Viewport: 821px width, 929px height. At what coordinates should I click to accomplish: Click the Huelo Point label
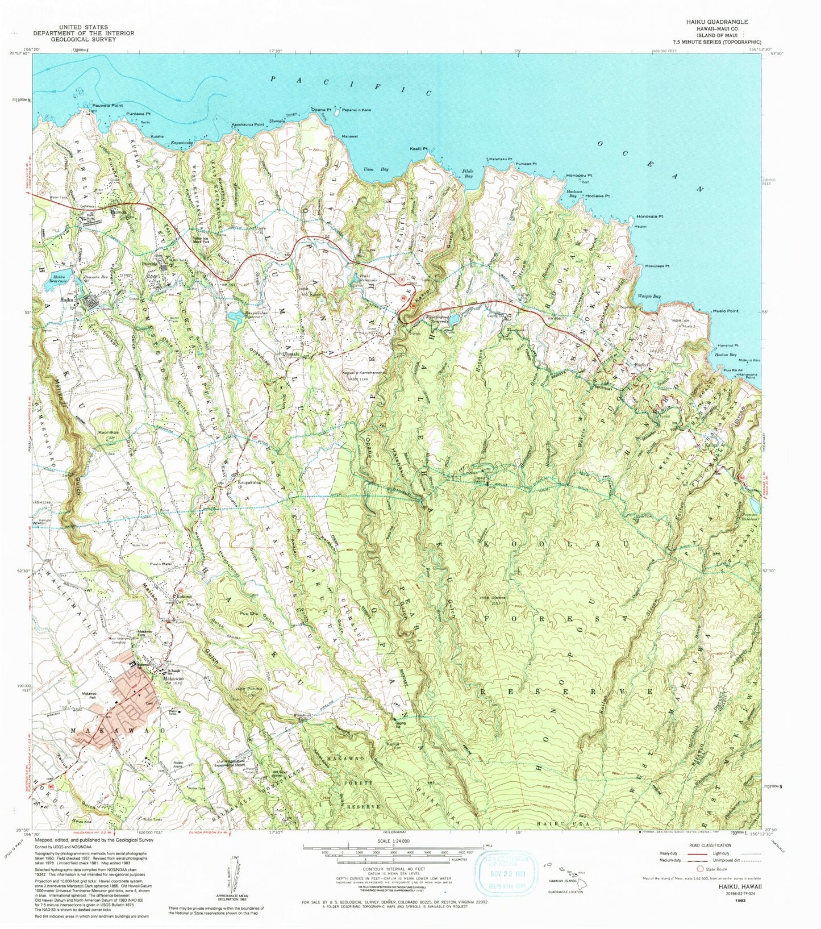tap(725, 311)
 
